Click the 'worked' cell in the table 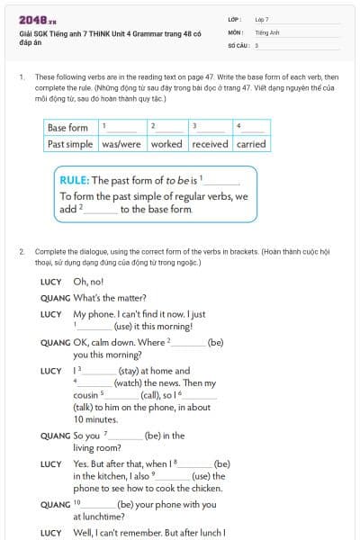pos(166,143)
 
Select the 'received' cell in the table pos(210,143)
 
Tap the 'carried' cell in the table pos(251,143)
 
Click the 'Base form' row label pos(68,128)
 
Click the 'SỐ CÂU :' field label pos(238,44)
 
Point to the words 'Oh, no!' pos(88,282)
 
